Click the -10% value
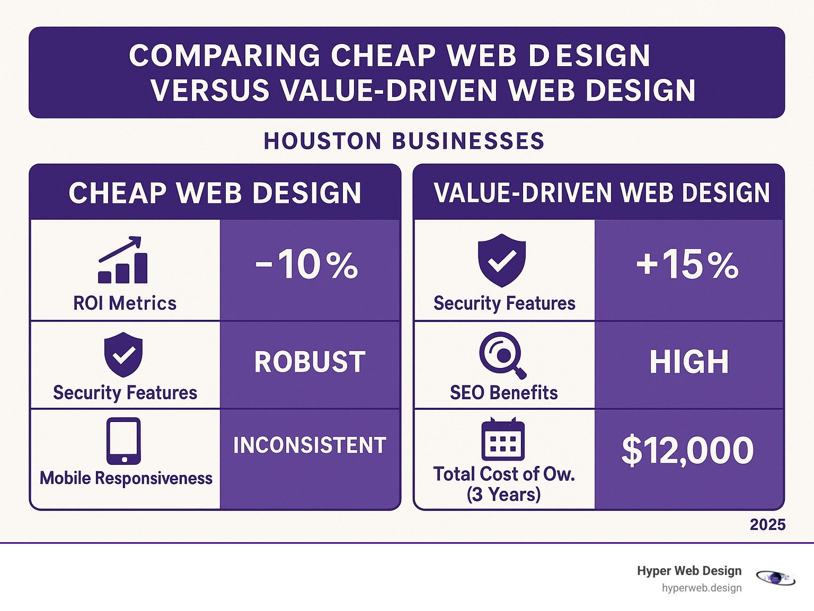pyautogui.click(x=307, y=264)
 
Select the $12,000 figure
pyautogui.click(x=687, y=451)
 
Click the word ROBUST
pyautogui.click(x=309, y=362)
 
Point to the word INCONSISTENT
pyautogui.click(x=309, y=445)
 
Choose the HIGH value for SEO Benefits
pyautogui.click(x=689, y=362)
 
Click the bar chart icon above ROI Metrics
pyautogui.click(x=123, y=260)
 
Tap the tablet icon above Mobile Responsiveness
pyautogui.click(x=123, y=441)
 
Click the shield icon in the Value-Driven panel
pyautogui.click(x=501, y=260)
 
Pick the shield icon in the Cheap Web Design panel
pyautogui.click(x=123, y=354)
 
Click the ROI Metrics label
pyautogui.click(x=125, y=303)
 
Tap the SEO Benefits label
pyautogui.click(x=503, y=393)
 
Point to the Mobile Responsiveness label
pyautogui.click(x=126, y=478)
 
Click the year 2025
pyautogui.click(x=767, y=525)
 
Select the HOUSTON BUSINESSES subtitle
pyautogui.click(x=404, y=141)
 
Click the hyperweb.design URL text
pyautogui.click(x=701, y=588)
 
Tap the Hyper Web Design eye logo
pyautogui.click(x=775, y=578)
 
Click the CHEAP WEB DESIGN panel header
pyautogui.click(x=215, y=193)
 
